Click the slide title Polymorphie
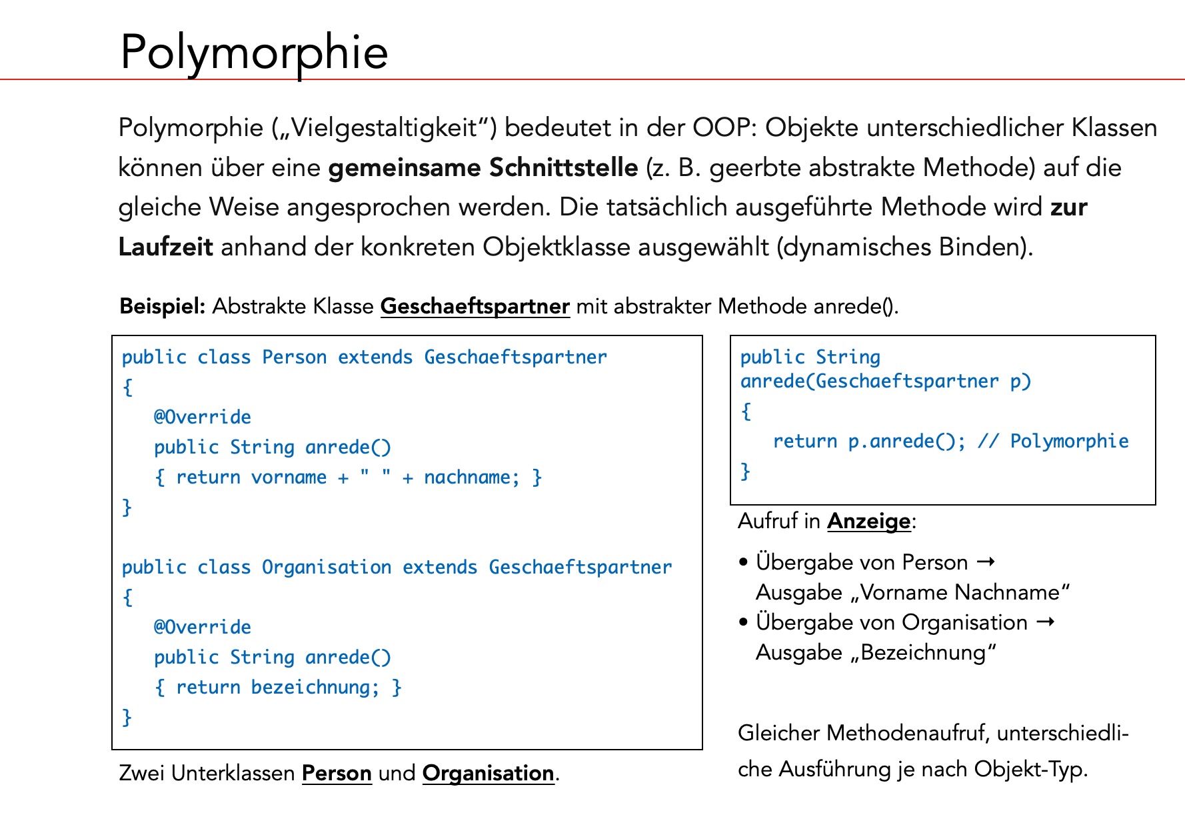pos(253,52)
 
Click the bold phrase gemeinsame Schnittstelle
pos(483,167)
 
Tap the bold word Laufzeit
pos(165,247)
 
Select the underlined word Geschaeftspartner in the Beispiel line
pos(475,306)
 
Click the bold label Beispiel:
pos(162,306)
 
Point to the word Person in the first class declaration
pos(294,357)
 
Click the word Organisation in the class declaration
pos(327,567)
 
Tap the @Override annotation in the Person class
pos(203,417)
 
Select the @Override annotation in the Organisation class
pos(203,627)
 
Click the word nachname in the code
pos(467,477)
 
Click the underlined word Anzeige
pos(868,521)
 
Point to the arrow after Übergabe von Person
pos(986,562)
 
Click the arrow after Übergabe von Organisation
pos(1046,622)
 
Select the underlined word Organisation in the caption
pos(488,773)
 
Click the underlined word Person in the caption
pos(337,773)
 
